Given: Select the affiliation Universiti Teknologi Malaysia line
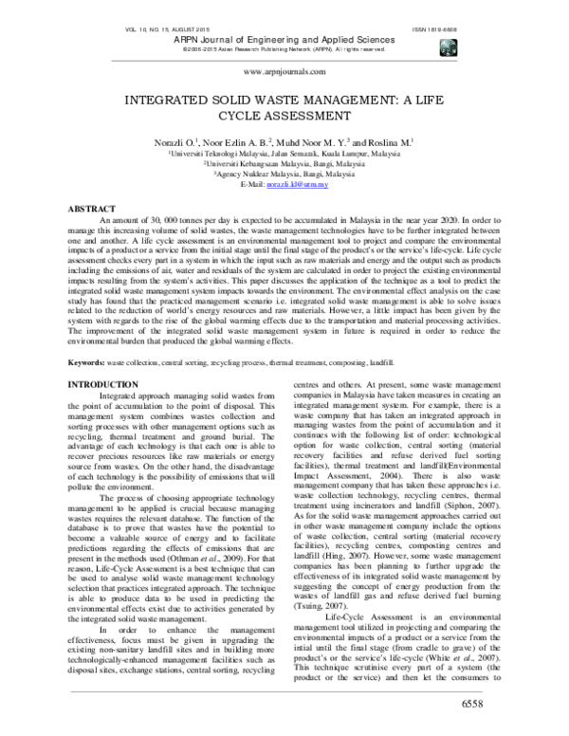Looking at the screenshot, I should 284,152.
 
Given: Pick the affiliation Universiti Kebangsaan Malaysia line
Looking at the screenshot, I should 284,163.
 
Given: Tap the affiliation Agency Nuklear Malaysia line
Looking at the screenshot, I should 284,174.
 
